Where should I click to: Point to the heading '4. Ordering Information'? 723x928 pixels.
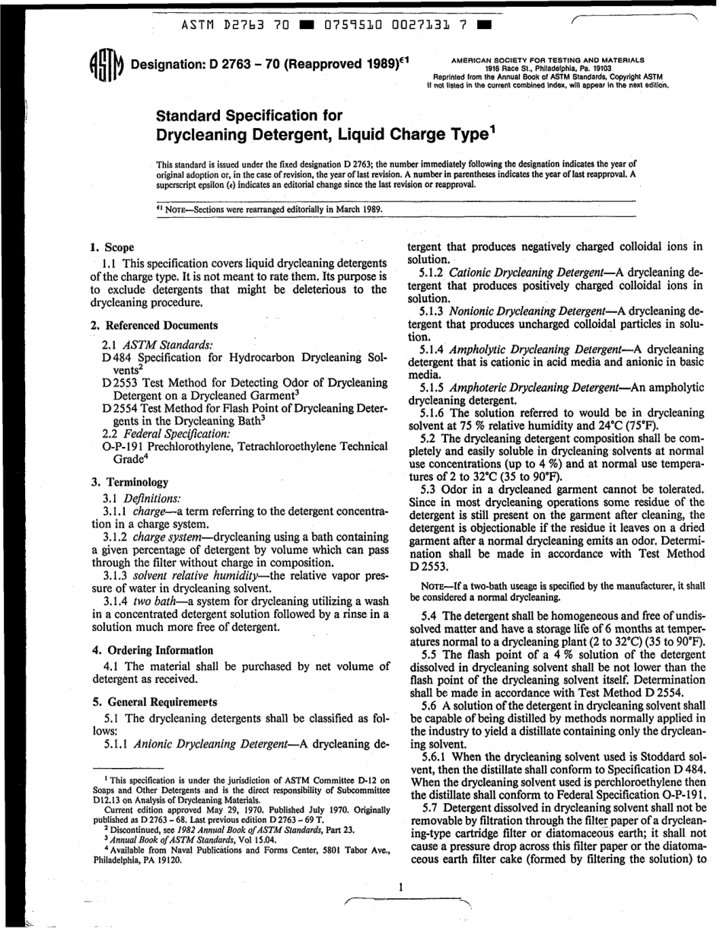(152, 650)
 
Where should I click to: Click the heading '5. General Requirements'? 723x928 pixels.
(153, 701)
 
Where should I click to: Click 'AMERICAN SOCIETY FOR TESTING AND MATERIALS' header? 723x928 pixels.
(548, 59)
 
